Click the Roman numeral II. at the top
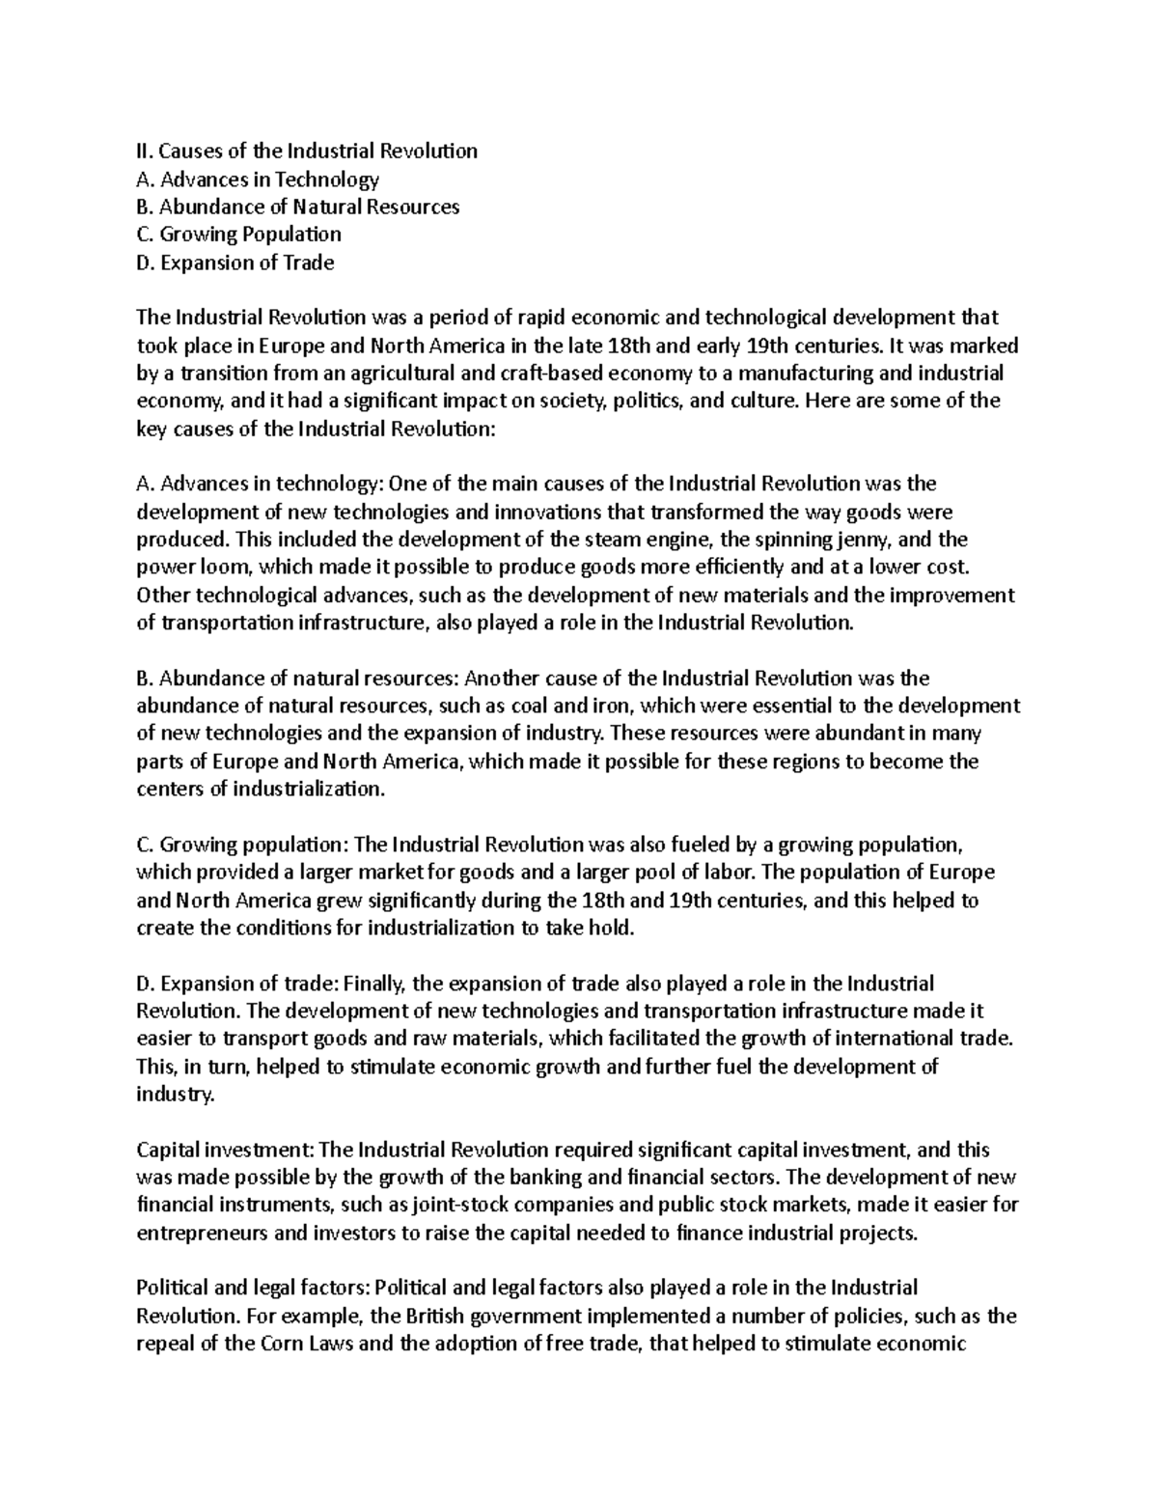point(145,151)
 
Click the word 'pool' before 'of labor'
point(699,873)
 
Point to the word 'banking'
point(546,1178)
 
